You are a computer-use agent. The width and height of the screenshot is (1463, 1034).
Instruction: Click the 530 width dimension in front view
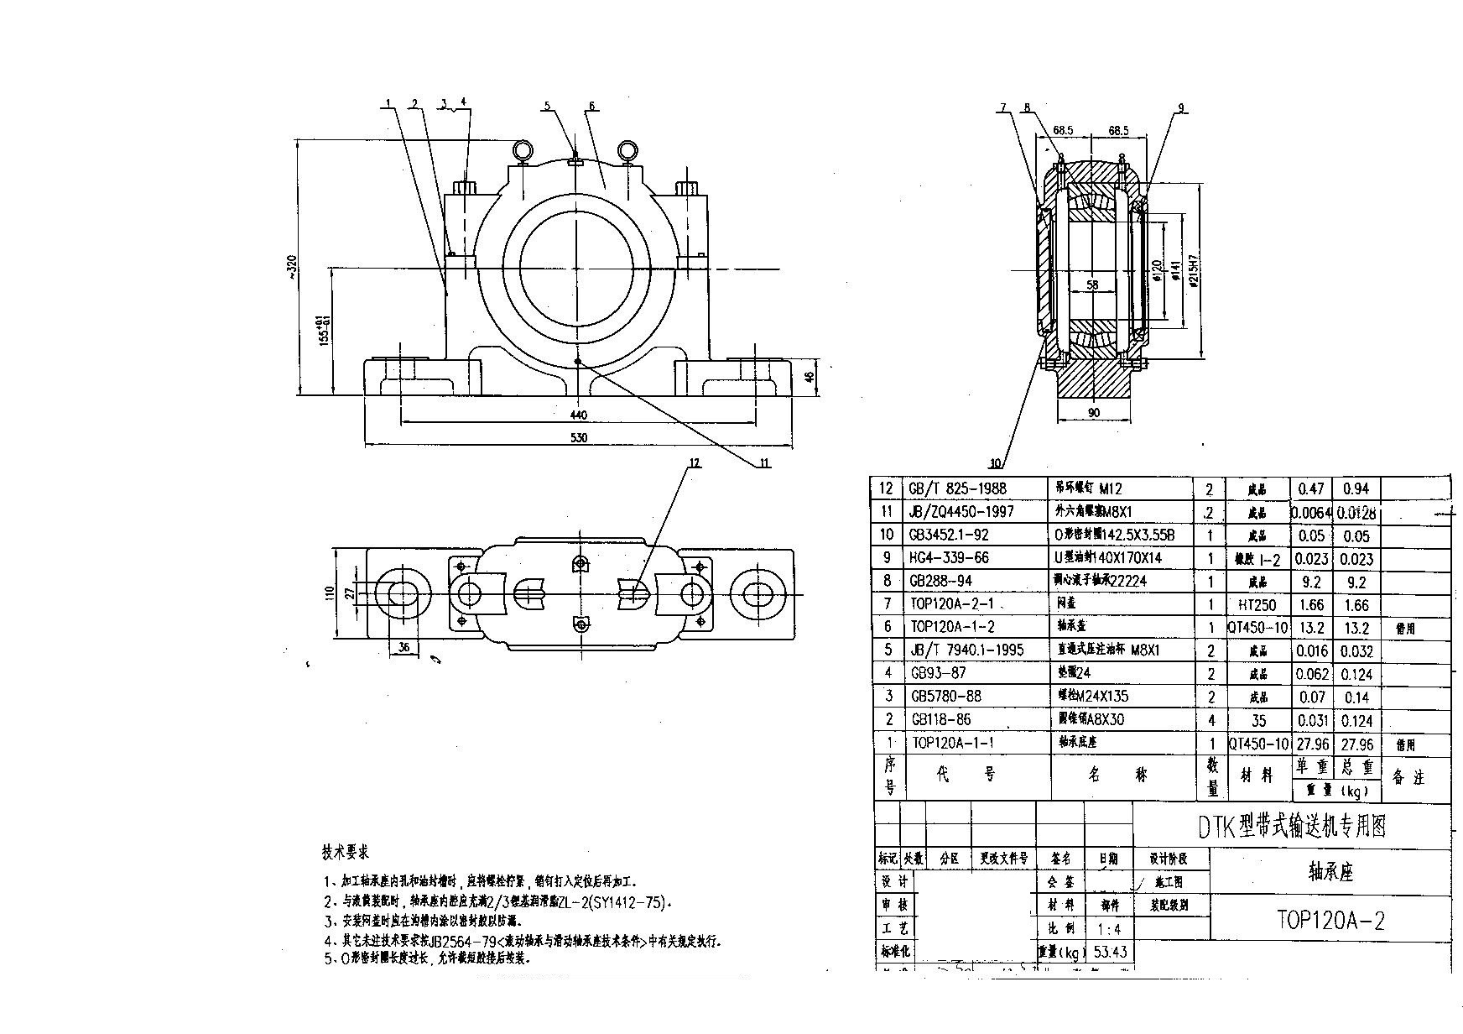point(578,437)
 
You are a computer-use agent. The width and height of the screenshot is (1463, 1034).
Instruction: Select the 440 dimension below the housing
point(578,415)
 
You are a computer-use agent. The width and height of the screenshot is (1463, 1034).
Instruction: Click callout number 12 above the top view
point(694,462)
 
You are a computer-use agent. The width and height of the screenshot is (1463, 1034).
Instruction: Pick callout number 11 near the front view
point(764,462)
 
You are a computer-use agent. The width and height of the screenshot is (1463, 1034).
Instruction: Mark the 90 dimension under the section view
point(1094,412)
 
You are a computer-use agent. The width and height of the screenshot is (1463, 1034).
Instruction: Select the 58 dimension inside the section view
point(1091,285)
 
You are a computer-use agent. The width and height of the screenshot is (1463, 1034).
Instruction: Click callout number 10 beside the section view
point(995,463)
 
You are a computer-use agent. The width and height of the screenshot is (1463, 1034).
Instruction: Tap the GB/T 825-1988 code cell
point(957,488)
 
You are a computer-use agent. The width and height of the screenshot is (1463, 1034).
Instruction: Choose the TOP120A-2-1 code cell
point(952,603)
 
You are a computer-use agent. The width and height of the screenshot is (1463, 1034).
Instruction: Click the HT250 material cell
point(1257,604)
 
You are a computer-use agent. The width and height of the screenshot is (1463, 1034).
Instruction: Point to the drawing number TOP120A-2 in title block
point(1330,921)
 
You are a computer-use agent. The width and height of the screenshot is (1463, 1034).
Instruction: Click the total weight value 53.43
point(1111,952)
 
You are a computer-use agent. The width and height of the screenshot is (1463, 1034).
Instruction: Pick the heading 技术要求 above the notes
point(346,853)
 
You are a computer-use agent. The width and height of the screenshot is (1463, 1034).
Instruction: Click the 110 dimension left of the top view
point(330,593)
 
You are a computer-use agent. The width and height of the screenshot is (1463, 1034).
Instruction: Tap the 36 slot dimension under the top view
point(403,647)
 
